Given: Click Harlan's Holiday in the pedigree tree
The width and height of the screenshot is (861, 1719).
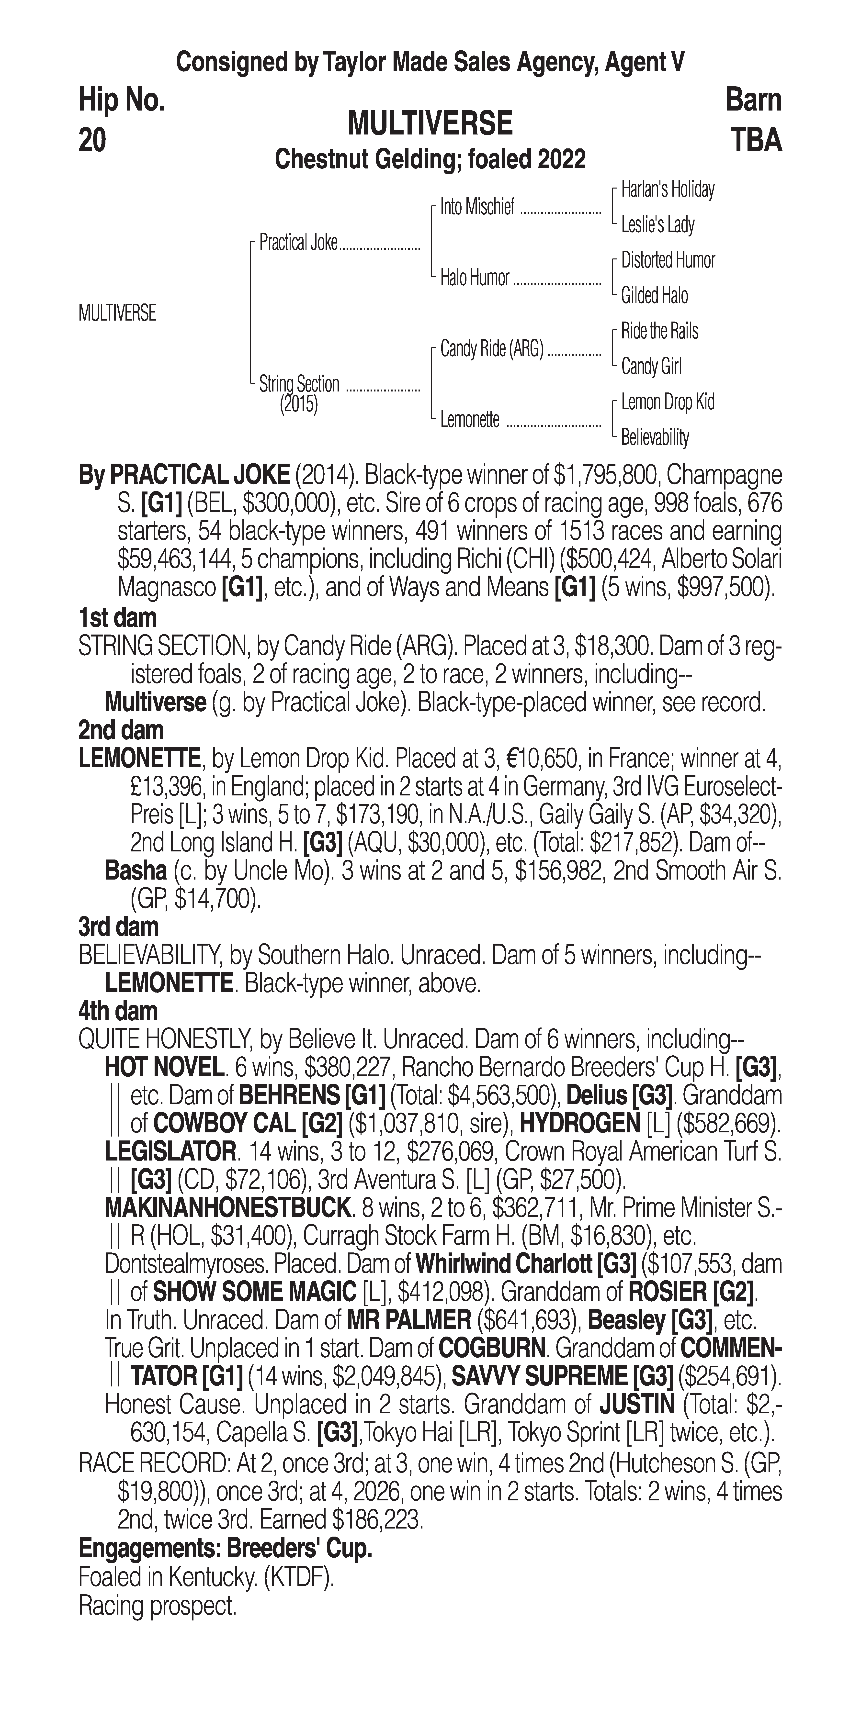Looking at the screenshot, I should point(668,190).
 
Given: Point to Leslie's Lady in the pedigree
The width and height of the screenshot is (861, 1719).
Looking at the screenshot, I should point(657,225).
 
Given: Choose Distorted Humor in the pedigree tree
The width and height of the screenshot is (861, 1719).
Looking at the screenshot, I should point(668,260).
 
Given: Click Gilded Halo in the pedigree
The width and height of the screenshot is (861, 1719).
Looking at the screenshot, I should point(654,296).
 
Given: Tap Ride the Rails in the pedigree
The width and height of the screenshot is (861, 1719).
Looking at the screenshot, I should point(659,331).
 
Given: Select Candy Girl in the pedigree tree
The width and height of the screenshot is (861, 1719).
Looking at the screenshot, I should point(651,366).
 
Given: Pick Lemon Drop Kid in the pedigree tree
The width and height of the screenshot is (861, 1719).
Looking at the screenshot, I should point(668,402).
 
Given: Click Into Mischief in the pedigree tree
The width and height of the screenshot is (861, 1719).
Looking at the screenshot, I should point(477,208).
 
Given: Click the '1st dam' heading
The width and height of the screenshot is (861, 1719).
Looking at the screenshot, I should point(117,617).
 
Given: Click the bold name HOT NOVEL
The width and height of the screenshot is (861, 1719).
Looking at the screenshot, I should point(164,1068).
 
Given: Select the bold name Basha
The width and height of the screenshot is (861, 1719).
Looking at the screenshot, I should point(136,871).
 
